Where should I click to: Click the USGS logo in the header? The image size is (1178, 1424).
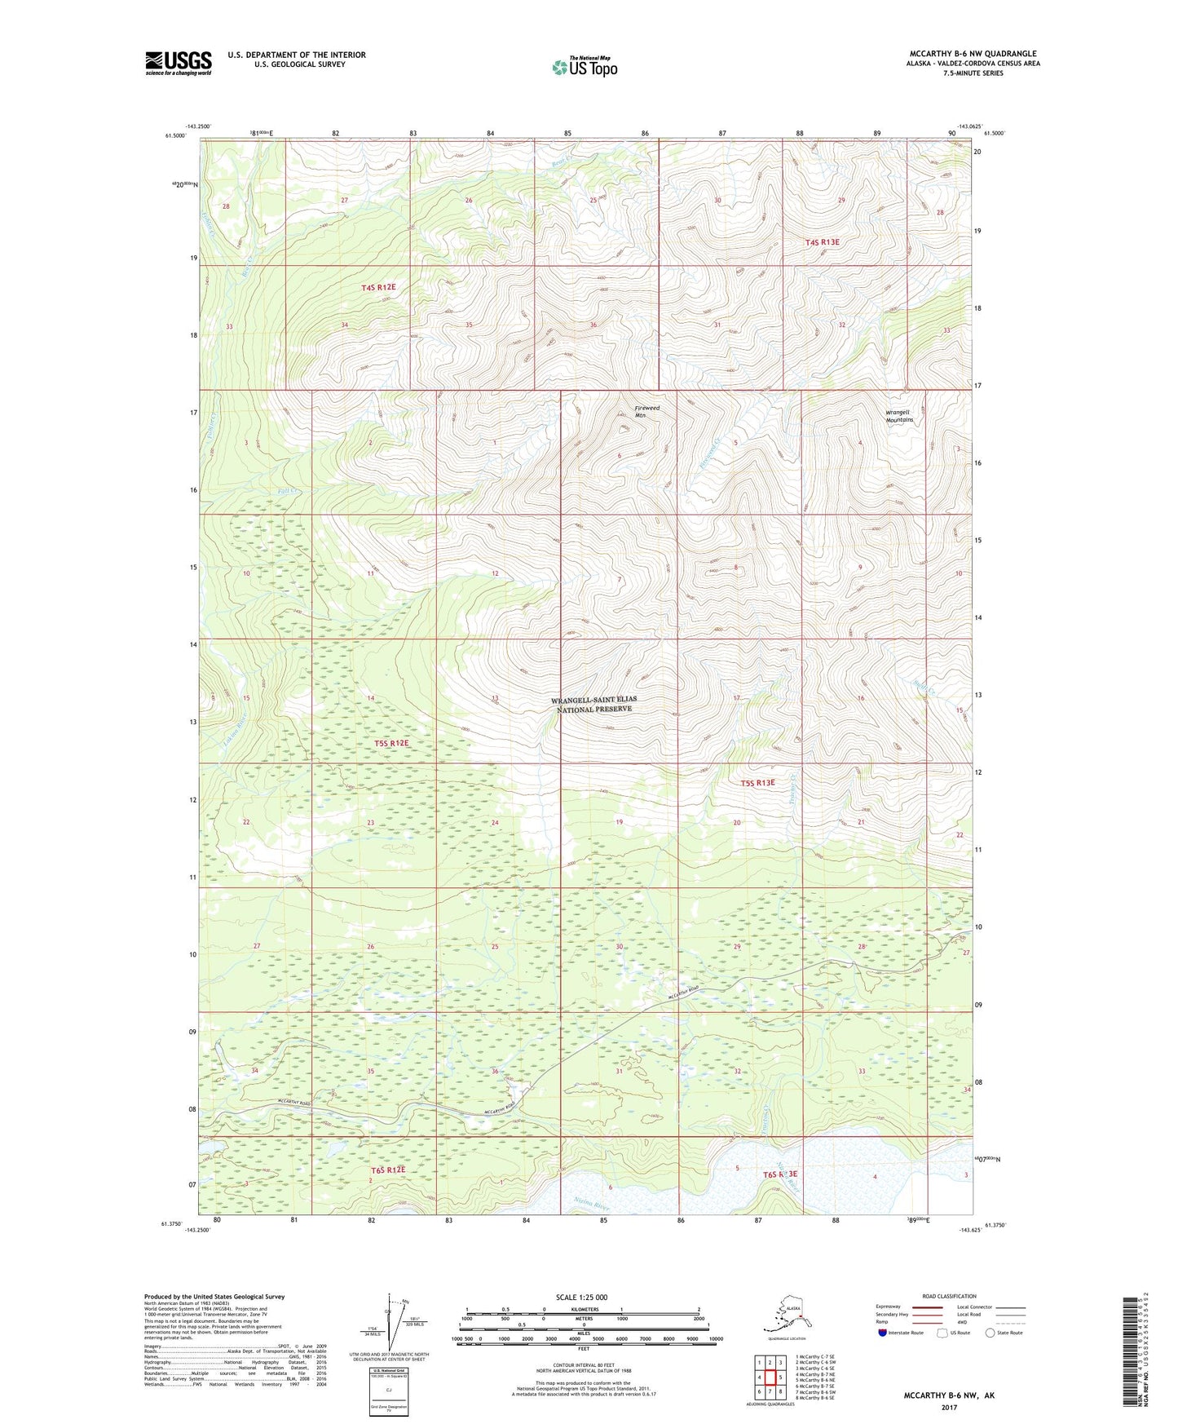(179, 63)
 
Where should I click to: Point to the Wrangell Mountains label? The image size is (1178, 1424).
(898, 416)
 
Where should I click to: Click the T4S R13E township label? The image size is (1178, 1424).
(822, 242)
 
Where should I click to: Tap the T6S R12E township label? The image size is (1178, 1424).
(388, 1170)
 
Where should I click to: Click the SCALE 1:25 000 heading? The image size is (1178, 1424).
(582, 1297)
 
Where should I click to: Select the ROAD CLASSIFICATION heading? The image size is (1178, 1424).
(949, 1296)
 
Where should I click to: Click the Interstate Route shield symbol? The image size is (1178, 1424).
(883, 1333)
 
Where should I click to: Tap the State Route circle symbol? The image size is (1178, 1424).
(990, 1333)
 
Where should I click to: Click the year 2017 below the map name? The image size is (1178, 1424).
(948, 1407)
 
